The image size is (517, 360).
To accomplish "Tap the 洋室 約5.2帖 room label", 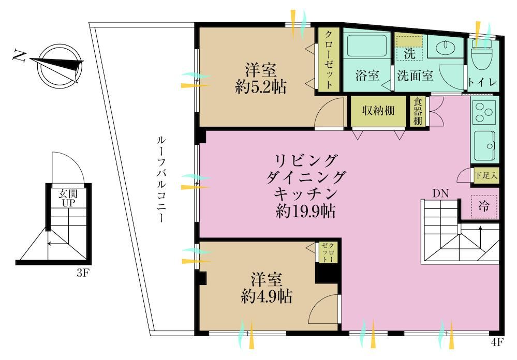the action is pos(260,79).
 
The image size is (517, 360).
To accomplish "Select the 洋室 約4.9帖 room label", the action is pos(267,288).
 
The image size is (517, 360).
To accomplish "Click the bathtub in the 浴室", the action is pos(366,44).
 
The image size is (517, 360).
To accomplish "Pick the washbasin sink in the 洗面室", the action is pos(445,47).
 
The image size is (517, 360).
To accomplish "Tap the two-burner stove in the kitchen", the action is pos(484,112).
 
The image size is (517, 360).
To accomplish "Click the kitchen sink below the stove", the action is pos(484,145).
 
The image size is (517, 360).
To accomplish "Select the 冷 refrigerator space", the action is pos(484,207).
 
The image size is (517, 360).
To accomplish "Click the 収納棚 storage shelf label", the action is pos(378,111).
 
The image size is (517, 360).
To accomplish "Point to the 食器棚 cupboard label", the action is pos(418,111).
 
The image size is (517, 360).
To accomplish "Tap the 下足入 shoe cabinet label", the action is pos(485,175).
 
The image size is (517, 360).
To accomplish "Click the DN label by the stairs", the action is pos(440,193).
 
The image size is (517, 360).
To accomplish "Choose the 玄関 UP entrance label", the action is pos(68,198).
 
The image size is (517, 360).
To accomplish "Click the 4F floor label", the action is pos(497,343).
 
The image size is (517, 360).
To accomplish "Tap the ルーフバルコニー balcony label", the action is pos(161,179).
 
